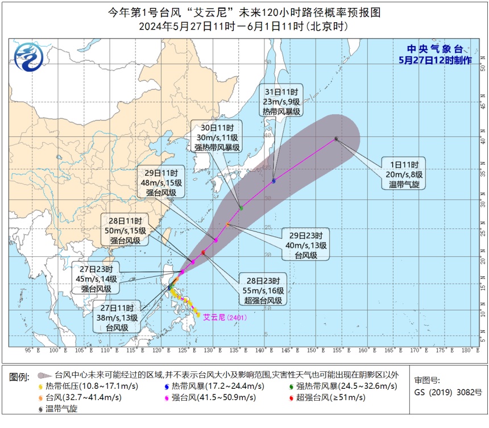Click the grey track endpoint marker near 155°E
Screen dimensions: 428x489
337,138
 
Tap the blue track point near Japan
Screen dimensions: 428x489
274,181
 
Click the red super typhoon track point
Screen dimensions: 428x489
203,252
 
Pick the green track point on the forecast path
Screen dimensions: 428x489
241,208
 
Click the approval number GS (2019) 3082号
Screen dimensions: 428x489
448,392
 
